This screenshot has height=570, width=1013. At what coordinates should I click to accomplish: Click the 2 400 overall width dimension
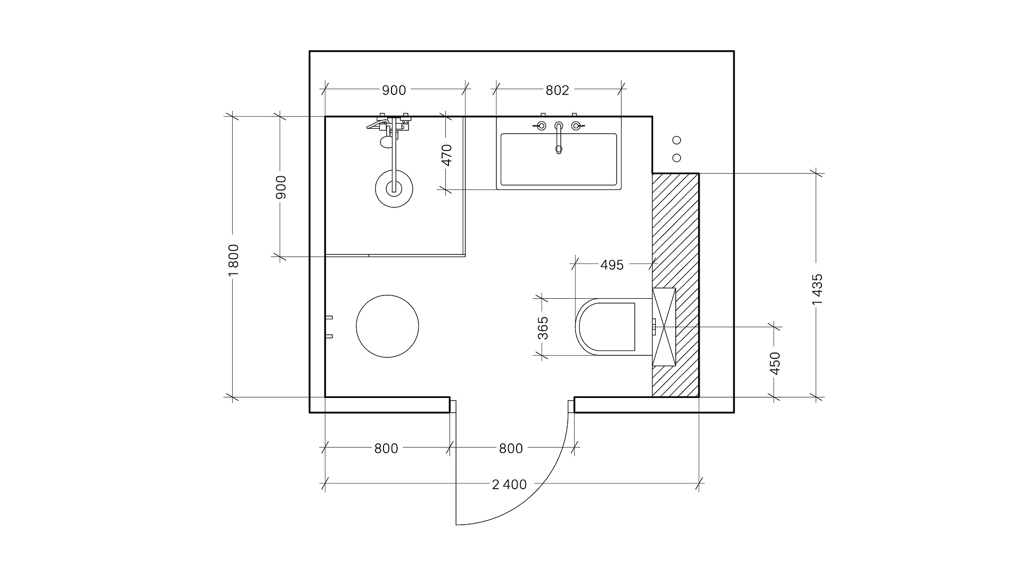pos(509,484)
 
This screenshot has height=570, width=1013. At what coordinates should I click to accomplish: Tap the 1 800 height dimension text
pos(234,260)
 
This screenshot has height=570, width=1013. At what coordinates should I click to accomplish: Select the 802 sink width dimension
pos(557,90)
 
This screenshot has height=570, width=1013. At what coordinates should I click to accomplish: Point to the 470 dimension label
pos(447,155)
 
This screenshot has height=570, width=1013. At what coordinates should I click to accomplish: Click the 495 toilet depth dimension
pos(612,265)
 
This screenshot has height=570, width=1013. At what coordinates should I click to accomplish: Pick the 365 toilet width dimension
pos(543,328)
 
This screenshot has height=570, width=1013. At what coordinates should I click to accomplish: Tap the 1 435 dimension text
pos(817,289)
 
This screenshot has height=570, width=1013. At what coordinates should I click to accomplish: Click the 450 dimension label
pos(775,363)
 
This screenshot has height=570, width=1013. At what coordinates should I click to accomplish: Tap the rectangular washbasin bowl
pos(558,159)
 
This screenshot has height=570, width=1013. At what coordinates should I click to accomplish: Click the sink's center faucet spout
pos(559,138)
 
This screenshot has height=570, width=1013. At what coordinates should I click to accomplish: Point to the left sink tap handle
pos(540,126)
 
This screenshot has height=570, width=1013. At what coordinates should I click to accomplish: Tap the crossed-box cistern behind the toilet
pos(664,327)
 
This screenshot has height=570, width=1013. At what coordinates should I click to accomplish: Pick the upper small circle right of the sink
pos(677,140)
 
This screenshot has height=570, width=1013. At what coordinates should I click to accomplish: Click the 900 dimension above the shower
pos(394,90)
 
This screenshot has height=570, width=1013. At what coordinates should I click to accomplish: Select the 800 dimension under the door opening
pos(511,449)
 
